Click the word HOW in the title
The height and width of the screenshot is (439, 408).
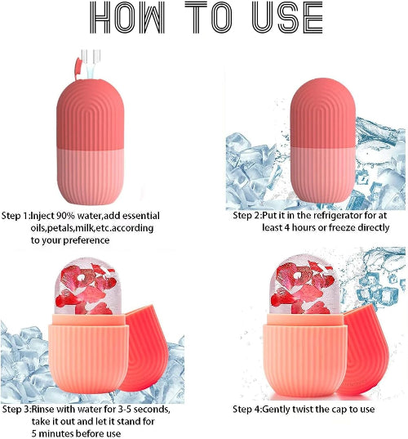click(127, 17)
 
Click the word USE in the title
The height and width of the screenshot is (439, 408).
click(287, 17)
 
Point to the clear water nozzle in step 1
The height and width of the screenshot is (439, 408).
click(91, 64)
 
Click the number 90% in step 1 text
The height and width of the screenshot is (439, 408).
click(66, 216)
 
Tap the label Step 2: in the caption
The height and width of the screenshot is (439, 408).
click(247, 216)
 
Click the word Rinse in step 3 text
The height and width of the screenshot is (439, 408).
click(42, 410)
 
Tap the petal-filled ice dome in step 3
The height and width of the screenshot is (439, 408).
click(88, 286)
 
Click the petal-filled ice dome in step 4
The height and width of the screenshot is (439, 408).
click(304, 284)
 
